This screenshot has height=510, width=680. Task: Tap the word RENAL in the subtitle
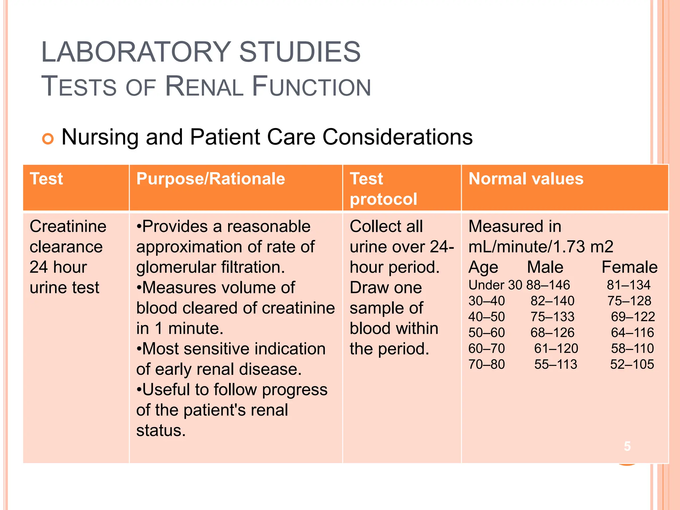click(204, 87)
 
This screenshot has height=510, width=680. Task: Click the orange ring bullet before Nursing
click(48, 138)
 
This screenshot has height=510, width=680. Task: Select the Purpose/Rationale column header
click(211, 179)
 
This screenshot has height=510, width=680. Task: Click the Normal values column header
click(526, 179)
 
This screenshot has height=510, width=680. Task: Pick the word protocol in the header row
click(383, 199)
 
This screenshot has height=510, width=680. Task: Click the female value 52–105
click(632, 364)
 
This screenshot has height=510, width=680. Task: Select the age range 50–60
click(486, 332)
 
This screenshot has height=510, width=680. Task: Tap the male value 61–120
click(556, 348)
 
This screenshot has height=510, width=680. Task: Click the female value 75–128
click(629, 301)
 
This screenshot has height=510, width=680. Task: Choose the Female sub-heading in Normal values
click(629, 267)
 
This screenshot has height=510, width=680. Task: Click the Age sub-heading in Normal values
click(483, 268)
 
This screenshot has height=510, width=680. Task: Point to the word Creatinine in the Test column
click(68, 226)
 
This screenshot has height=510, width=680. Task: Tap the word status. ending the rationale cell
click(161, 431)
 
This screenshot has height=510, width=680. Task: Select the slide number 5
click(627, 446)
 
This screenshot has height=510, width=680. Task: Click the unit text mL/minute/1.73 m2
click(541, 247)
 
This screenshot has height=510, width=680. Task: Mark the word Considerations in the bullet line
click(397, 137)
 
